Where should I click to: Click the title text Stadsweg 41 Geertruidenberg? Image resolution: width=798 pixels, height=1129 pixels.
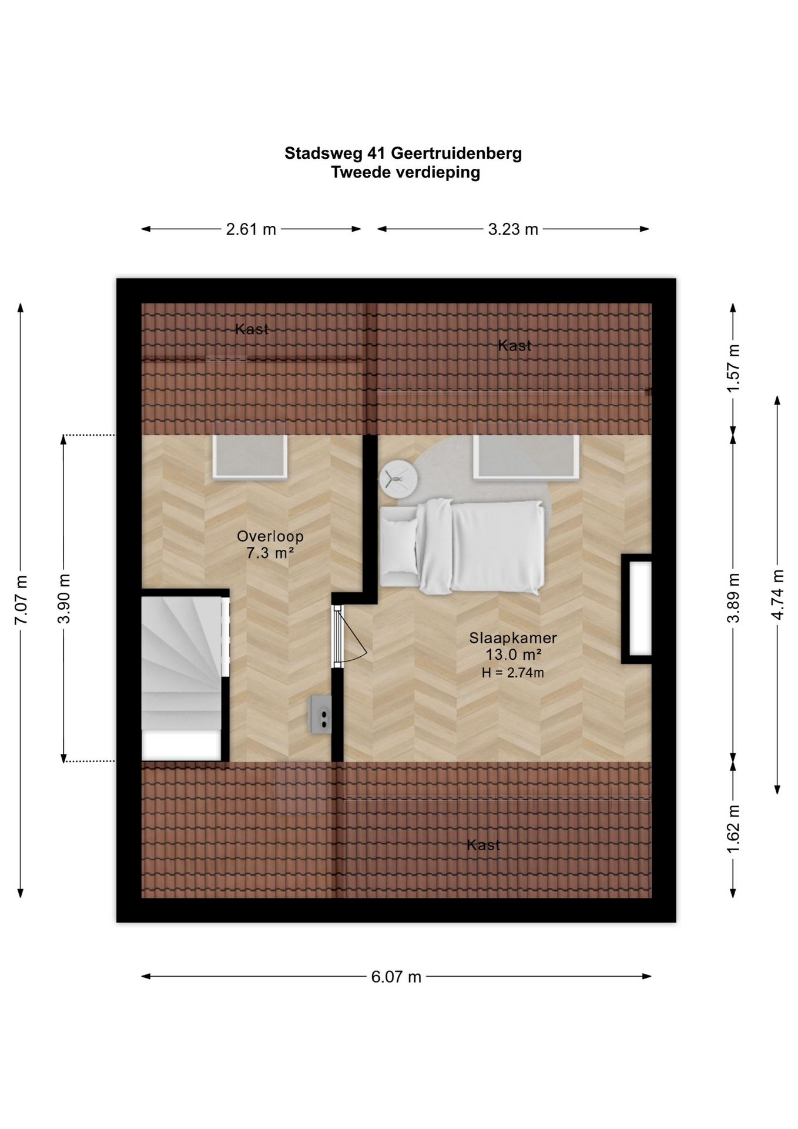403,153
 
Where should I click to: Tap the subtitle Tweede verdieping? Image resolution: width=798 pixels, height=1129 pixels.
405,172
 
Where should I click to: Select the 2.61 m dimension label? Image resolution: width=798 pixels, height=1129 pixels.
251,229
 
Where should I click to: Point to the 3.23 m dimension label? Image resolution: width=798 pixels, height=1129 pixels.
513,229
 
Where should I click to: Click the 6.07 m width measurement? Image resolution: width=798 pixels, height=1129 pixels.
396,977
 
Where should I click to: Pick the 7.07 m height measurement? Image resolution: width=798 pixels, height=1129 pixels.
21,600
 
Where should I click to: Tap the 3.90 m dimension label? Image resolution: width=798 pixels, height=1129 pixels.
64,599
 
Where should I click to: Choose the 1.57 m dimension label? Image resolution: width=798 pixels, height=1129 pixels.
733,368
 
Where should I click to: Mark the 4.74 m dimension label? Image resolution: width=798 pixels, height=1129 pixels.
777,594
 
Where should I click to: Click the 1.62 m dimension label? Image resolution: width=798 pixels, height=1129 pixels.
733,830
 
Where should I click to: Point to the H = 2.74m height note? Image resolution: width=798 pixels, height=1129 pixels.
513,673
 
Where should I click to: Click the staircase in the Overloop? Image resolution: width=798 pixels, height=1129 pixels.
182,678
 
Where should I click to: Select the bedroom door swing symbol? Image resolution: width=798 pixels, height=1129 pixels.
351,635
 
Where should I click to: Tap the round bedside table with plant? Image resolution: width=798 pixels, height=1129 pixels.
398,480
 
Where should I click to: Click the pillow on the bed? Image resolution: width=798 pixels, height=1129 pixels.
400,552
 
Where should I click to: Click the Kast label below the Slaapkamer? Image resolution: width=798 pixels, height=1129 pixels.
484,845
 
